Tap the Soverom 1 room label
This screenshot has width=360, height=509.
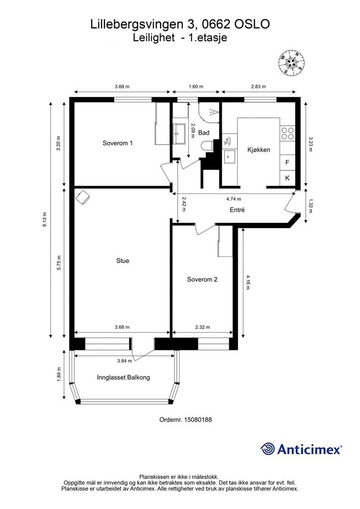(x=117, y=143)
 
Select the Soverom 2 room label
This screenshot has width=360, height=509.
(x=202, y=279)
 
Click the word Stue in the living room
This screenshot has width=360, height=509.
(x=123, y=260)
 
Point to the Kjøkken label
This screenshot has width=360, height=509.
(x=259, y=150)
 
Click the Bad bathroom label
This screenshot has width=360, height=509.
(x=204, y=132)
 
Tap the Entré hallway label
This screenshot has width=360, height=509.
(x=237, y=210)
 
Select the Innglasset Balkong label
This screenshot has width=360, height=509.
(x=123, y=377)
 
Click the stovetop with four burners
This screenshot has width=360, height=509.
(x=287, y=133)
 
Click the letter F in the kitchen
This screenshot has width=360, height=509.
(x=287, y=163)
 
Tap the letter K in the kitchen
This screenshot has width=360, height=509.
(x=287, y=178)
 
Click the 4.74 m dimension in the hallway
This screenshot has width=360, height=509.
(x=234, y=199)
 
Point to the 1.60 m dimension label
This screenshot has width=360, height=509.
(x=196, y=86)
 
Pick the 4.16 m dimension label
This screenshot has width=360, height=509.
(x=248, y=282)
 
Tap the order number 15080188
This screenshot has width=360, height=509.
(x=198, y=420)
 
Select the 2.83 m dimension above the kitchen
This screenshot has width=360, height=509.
(x=259, y=86)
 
